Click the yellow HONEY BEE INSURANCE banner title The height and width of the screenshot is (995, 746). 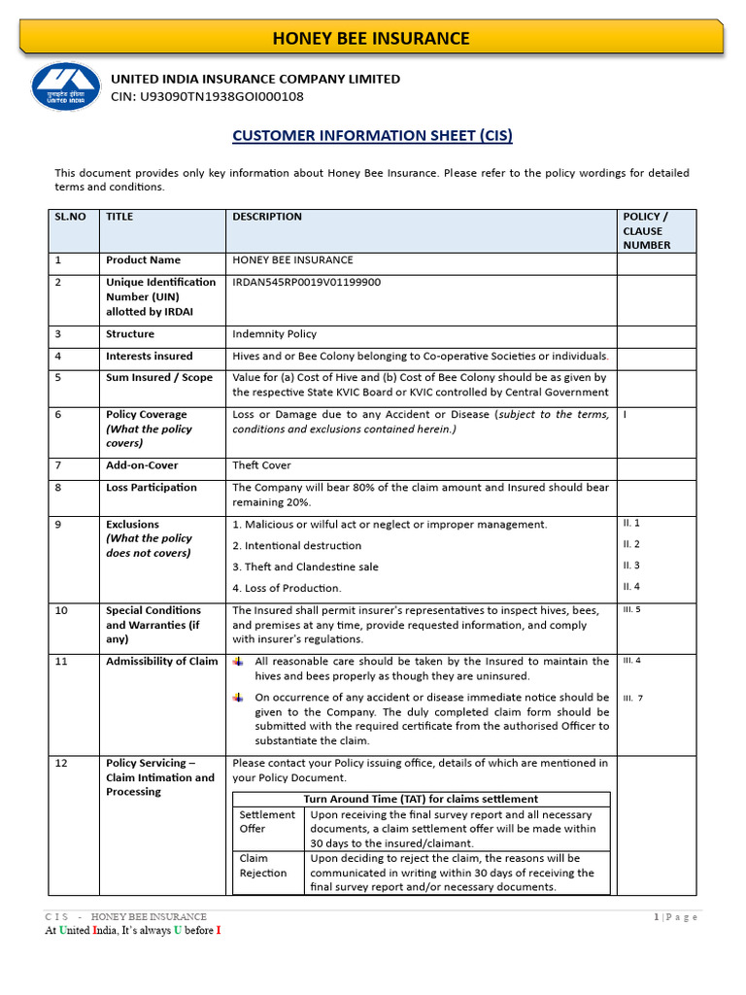371,39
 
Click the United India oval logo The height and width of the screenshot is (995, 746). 65,88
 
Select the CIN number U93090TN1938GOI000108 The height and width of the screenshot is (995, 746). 207,96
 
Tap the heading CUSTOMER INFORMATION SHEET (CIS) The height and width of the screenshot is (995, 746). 372,136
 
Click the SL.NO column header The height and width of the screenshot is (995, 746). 71,217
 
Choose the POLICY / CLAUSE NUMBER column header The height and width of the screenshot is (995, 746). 646,230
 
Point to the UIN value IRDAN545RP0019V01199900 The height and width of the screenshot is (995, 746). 306,282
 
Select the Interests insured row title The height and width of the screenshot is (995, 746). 150,356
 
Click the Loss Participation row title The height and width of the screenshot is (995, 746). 152,488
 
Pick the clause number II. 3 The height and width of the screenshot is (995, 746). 631,566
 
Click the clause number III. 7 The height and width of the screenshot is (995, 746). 633,698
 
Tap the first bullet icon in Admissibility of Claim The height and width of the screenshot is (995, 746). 238,662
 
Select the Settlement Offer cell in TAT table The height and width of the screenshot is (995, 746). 266,822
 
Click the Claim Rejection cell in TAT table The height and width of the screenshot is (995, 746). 263,865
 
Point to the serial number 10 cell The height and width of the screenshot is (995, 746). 61,611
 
